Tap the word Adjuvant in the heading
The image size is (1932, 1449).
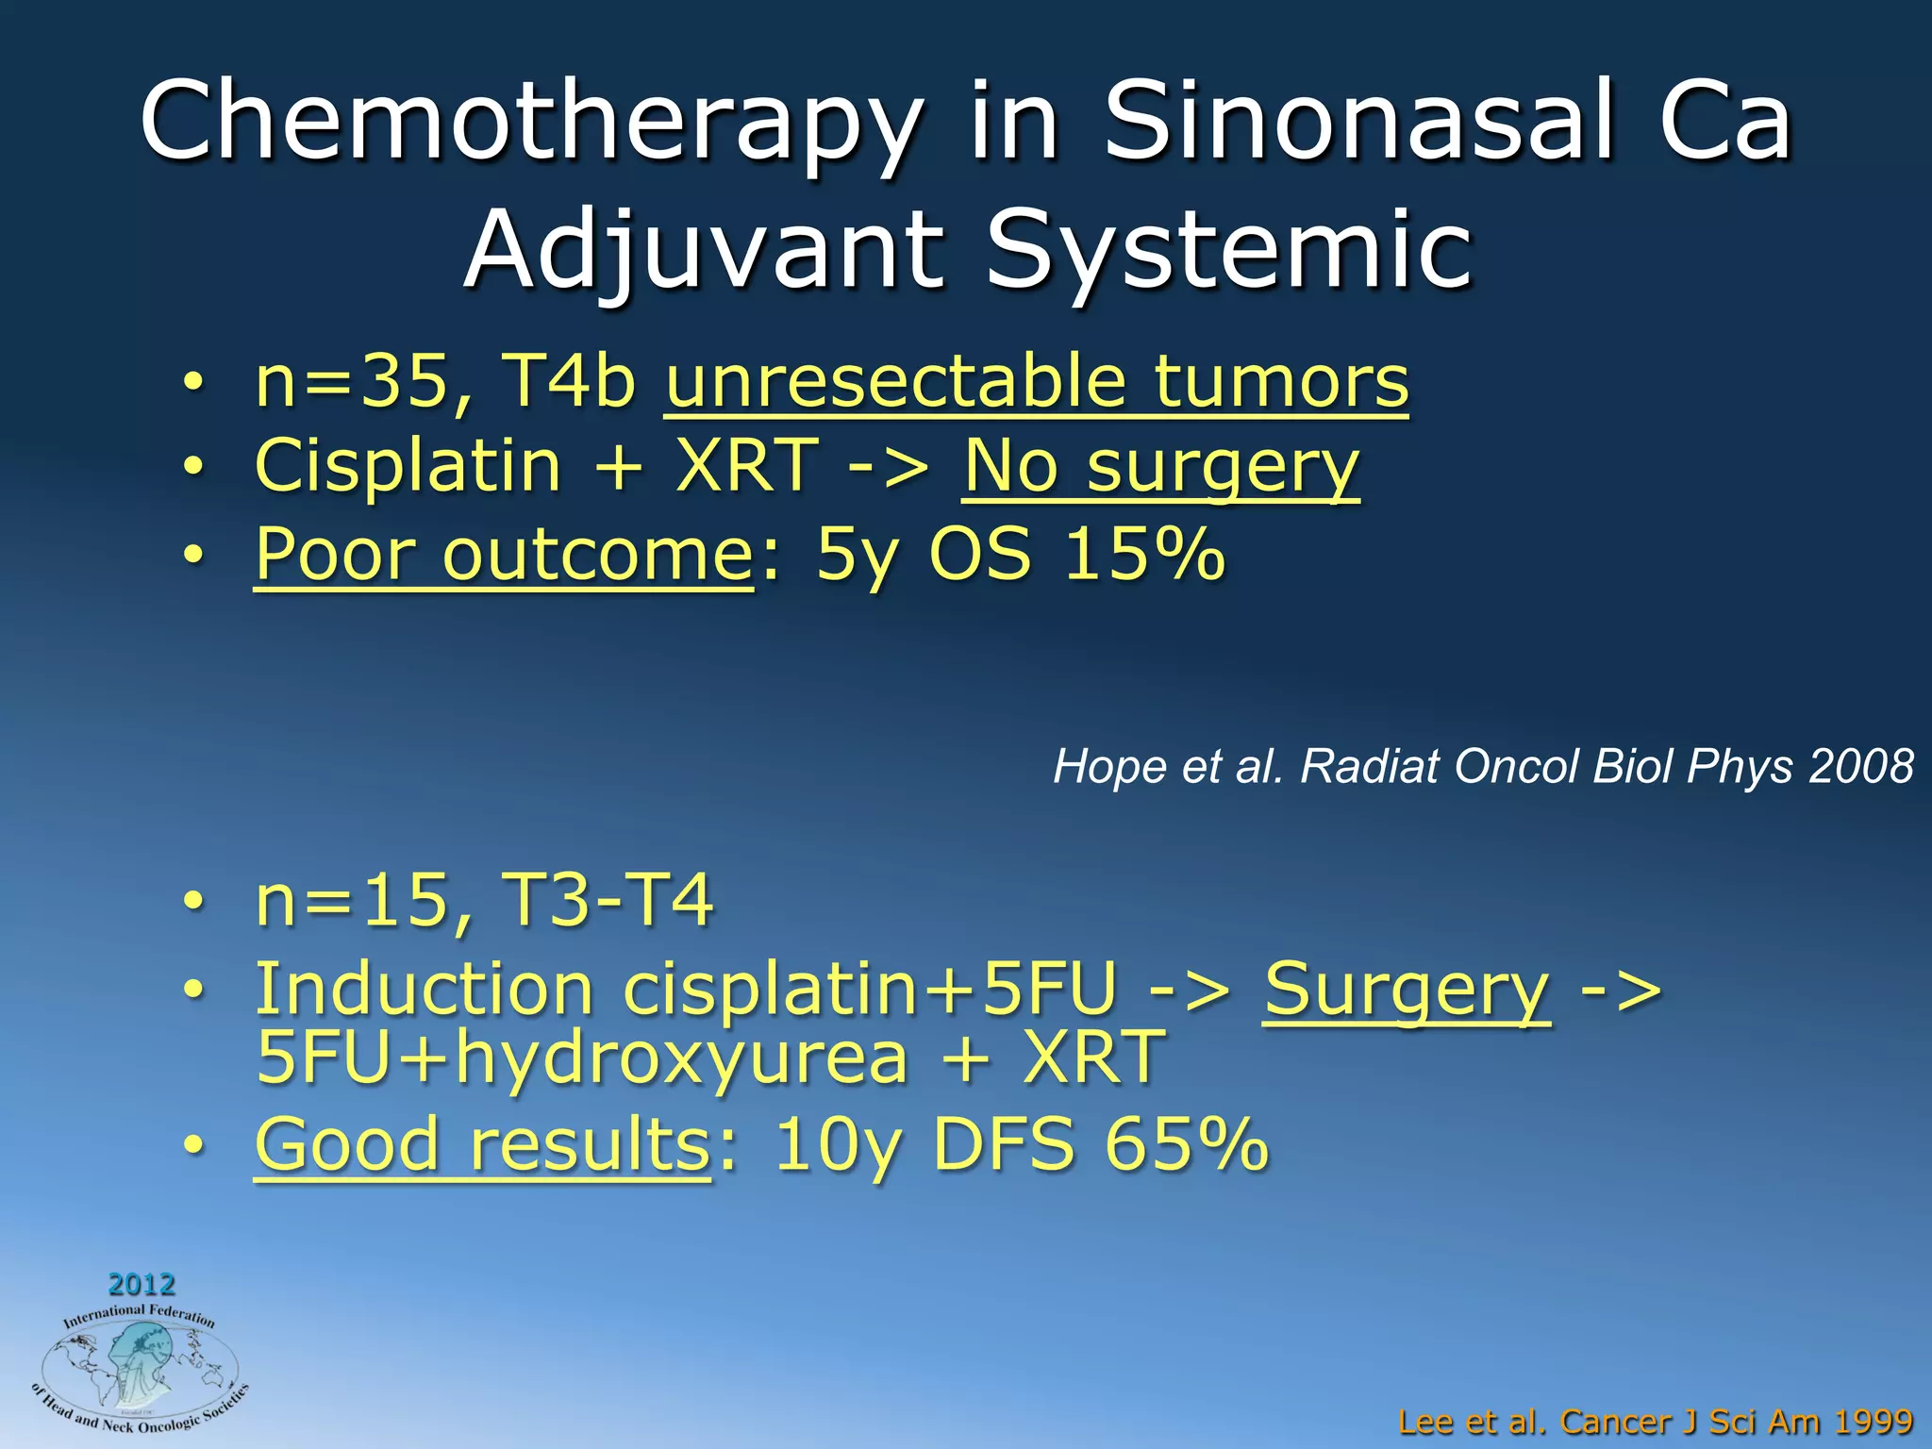coord(703,250)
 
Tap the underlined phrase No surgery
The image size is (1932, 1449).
coord(1160,468)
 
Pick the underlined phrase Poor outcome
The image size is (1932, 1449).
coord(503,555)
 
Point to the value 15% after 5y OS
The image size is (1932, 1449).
coord(1143,554)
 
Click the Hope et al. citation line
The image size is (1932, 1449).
coord(1482,766)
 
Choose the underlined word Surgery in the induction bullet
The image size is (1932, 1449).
coord(1406,991)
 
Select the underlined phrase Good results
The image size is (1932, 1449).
coord(482,1144)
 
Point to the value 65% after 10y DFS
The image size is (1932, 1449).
coord(1186,1144)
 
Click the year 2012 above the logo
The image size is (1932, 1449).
coord(142,1284)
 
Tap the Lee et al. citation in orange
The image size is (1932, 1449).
coord(1655,1421)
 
